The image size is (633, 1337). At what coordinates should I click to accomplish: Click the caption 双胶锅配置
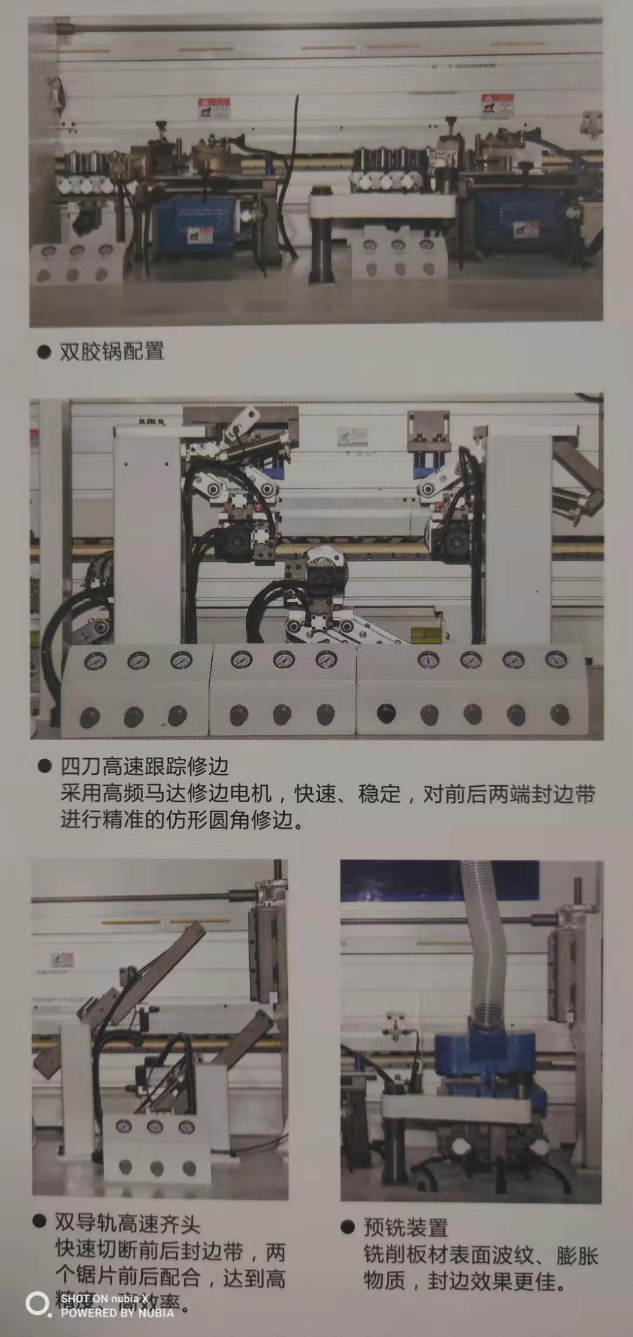click(x=111, y=352)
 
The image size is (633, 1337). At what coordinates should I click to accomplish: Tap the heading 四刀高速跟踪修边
click(x=144, y=766)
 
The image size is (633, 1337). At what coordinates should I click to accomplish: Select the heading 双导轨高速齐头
click(x=127, y=1224)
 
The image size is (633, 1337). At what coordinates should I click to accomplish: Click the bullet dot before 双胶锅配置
click(x=44, y=352)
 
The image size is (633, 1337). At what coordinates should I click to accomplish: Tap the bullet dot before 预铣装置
click(x=348, y=1227)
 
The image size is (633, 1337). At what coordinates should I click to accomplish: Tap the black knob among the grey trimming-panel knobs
click(x=386, y=714)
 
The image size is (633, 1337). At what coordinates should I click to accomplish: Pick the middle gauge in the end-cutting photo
click(x=155, y=1126)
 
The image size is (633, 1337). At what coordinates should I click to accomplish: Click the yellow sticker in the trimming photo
click(x=423, y=635)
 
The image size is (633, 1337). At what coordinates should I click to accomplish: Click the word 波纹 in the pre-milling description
click(x=512, y=1255)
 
